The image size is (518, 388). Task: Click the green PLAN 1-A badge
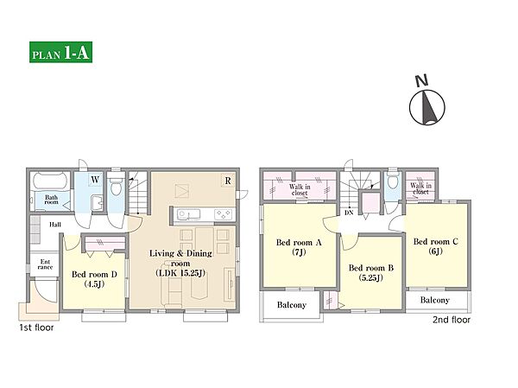point(60,52)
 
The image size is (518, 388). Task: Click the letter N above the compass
point(421,80)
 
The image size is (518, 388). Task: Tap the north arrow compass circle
point(426,107)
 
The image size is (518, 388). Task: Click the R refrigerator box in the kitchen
point(228,181)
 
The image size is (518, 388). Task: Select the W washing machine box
point(95,180)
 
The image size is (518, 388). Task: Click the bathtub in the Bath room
point(50,181)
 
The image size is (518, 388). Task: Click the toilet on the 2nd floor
point(393,180)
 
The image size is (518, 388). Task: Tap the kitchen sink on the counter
point(188,214)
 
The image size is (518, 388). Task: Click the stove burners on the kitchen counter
point(223,214)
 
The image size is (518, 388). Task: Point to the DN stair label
point(349,213)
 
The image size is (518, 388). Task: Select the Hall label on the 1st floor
point(55,225)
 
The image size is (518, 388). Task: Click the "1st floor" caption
point(36,328)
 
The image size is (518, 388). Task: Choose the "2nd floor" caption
point(452,320)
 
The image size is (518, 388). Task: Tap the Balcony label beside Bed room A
point(292,305)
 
